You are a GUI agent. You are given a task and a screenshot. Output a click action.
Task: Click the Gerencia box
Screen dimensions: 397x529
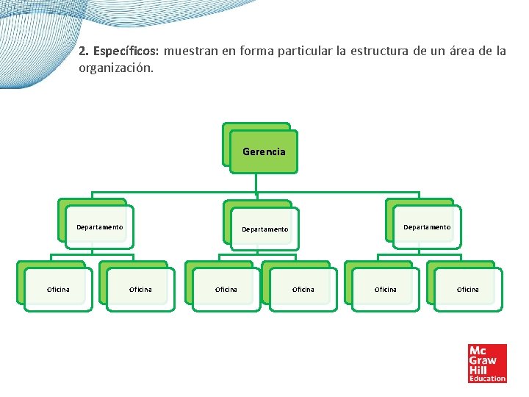pyautogui.click(x=263, y=151)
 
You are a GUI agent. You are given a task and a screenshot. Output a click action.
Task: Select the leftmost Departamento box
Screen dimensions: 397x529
pyautogui.click(x=99, y=227)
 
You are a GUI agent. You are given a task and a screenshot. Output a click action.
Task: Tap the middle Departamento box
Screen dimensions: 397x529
pyautogui.click(x=264, y=229)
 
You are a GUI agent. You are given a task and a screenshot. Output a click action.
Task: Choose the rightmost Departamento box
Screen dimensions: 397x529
pyautogui.click(x=426, y=227)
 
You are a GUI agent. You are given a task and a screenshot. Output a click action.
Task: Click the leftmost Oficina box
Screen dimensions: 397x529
pyautogui.click(x=58, y=289)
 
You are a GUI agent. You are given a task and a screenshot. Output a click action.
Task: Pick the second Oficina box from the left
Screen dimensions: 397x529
pyautogui.click(x=140, y=289)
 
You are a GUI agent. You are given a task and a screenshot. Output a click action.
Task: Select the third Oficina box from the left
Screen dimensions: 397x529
pyautogui.click(x=226, y=289)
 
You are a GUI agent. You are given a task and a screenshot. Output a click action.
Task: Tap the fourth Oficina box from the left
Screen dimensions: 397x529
pyautogui.click(x=303, y=289)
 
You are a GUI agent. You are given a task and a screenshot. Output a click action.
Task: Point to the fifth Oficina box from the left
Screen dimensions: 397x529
pyautogui.click(x=385, y=289)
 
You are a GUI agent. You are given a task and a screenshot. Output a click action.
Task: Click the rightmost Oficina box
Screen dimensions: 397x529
pyautogui.click(x=467, y=289)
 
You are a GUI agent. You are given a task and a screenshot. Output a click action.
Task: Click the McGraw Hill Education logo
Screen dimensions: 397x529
pyautogui.click(x=487, y=363)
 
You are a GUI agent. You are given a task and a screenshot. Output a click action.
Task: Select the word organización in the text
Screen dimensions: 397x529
pyautogui.click(x=115, y=68)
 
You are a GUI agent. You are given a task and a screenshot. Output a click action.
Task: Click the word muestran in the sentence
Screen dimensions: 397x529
pyautogui.click(x=190, y=52)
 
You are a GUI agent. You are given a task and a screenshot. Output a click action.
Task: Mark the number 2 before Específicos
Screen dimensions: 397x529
pyautogui.click(x=83, y=52)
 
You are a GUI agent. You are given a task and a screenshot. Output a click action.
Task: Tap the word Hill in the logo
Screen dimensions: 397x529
pyautogui.click(x=479, y=369)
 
